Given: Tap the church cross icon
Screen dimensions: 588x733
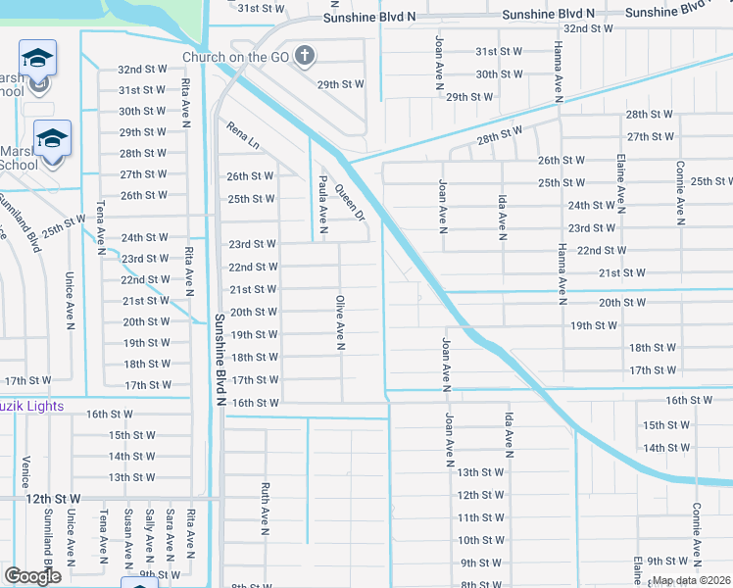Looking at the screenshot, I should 305,56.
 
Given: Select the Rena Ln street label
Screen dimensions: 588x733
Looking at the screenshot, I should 243,135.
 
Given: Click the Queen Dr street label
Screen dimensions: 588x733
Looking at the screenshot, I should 349,202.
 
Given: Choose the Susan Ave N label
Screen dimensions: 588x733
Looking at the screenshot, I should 128,537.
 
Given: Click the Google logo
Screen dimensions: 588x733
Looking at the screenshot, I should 33,575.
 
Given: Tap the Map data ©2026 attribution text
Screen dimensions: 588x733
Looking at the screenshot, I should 692,580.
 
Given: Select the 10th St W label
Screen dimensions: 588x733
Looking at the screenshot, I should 480,540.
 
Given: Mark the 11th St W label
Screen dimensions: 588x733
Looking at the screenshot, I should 480,517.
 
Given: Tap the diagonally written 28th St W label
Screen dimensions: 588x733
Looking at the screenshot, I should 500,136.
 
